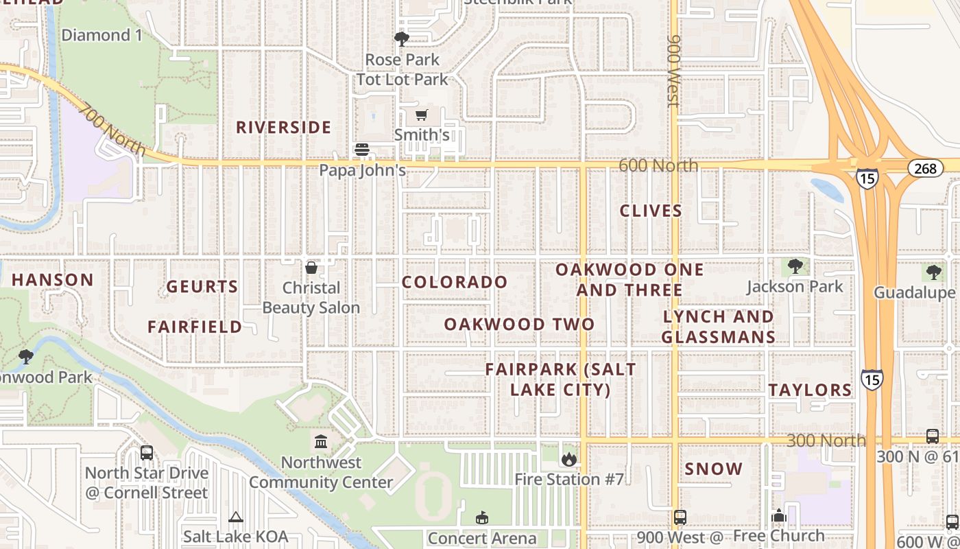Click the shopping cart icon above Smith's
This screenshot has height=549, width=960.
pos(421,115)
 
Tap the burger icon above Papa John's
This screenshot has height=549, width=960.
pos(361,150)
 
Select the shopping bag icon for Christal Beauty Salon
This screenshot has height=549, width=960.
pos(311,267)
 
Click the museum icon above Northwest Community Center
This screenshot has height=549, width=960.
pos(320,441)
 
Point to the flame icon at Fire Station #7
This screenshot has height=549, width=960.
pos(568,459)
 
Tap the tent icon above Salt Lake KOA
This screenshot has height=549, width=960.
pos(236,517)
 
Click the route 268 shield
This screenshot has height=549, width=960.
pos(925,168)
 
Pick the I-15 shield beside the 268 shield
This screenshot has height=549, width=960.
pos(867,178)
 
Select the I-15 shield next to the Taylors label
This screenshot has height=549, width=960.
pos(872,379)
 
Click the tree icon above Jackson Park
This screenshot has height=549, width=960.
pos(795,266)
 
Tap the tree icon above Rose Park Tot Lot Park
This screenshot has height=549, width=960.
pos(401,39)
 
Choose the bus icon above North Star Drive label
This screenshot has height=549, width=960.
pos(146,453)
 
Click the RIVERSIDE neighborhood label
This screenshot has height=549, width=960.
pos(284,128)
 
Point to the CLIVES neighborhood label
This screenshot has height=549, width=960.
pos(651,211)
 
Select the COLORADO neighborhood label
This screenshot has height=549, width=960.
pos(455,282)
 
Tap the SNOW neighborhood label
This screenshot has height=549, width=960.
pos(714,469)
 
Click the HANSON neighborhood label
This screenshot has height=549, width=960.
pos(53,280)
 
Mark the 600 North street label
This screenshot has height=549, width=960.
pos(658,165)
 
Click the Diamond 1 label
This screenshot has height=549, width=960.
pos(101,35)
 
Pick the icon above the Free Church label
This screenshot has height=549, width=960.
pos(778,516)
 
